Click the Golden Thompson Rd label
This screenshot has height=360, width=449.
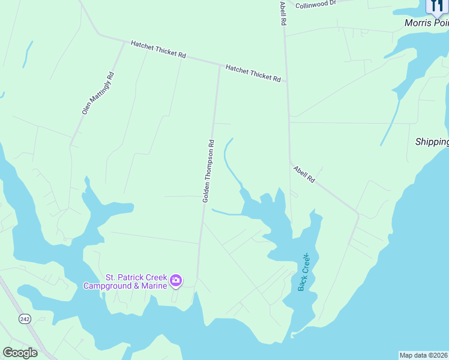tap(208, 170)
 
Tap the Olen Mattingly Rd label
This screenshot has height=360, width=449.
tap(98, 93)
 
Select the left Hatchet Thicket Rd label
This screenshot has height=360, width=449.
tap(158, 49)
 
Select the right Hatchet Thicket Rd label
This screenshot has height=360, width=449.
tap(253, 73)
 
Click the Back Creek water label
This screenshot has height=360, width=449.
tap(306, 272)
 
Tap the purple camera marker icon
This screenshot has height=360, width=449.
tap(176, 280)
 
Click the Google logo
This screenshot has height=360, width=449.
tap(20, 353)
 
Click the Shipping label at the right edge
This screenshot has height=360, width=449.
tap(432, 142)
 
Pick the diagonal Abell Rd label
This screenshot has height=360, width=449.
tap(304, 175)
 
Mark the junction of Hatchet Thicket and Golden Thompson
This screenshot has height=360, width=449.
tap(219, 65)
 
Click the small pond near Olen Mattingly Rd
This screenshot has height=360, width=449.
tap(26, 55)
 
